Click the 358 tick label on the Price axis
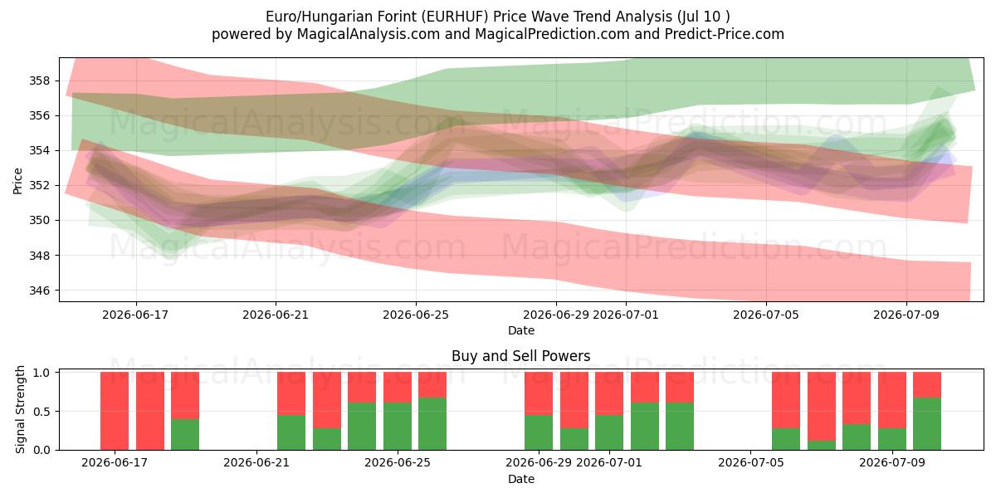(x=40, y=81)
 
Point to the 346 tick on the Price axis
(x=40, y=290)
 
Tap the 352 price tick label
(x=40, y=186)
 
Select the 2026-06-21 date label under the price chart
(x=276, y=315)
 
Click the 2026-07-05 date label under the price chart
(x=766, y=315)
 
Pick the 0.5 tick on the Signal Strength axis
(x=41, y=412)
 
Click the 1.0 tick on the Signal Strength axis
(x=41, y=373)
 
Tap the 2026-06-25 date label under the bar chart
(x=398, y=463)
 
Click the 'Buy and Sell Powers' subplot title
(x=521, y=356)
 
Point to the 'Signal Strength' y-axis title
(x=20, y=409)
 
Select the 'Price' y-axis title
(x=17, y=181)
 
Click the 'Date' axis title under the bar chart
(x=521, y=480)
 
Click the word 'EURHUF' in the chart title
(x=456, y=17)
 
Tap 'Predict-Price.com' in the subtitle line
(x=725, y=34)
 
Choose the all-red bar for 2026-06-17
(x=115, y=411)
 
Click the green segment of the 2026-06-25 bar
(x=398, y=427)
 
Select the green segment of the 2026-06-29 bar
(x=539, y=432)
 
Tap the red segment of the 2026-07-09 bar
(x=892, y=400)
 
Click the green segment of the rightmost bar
(x=927, y=424)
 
